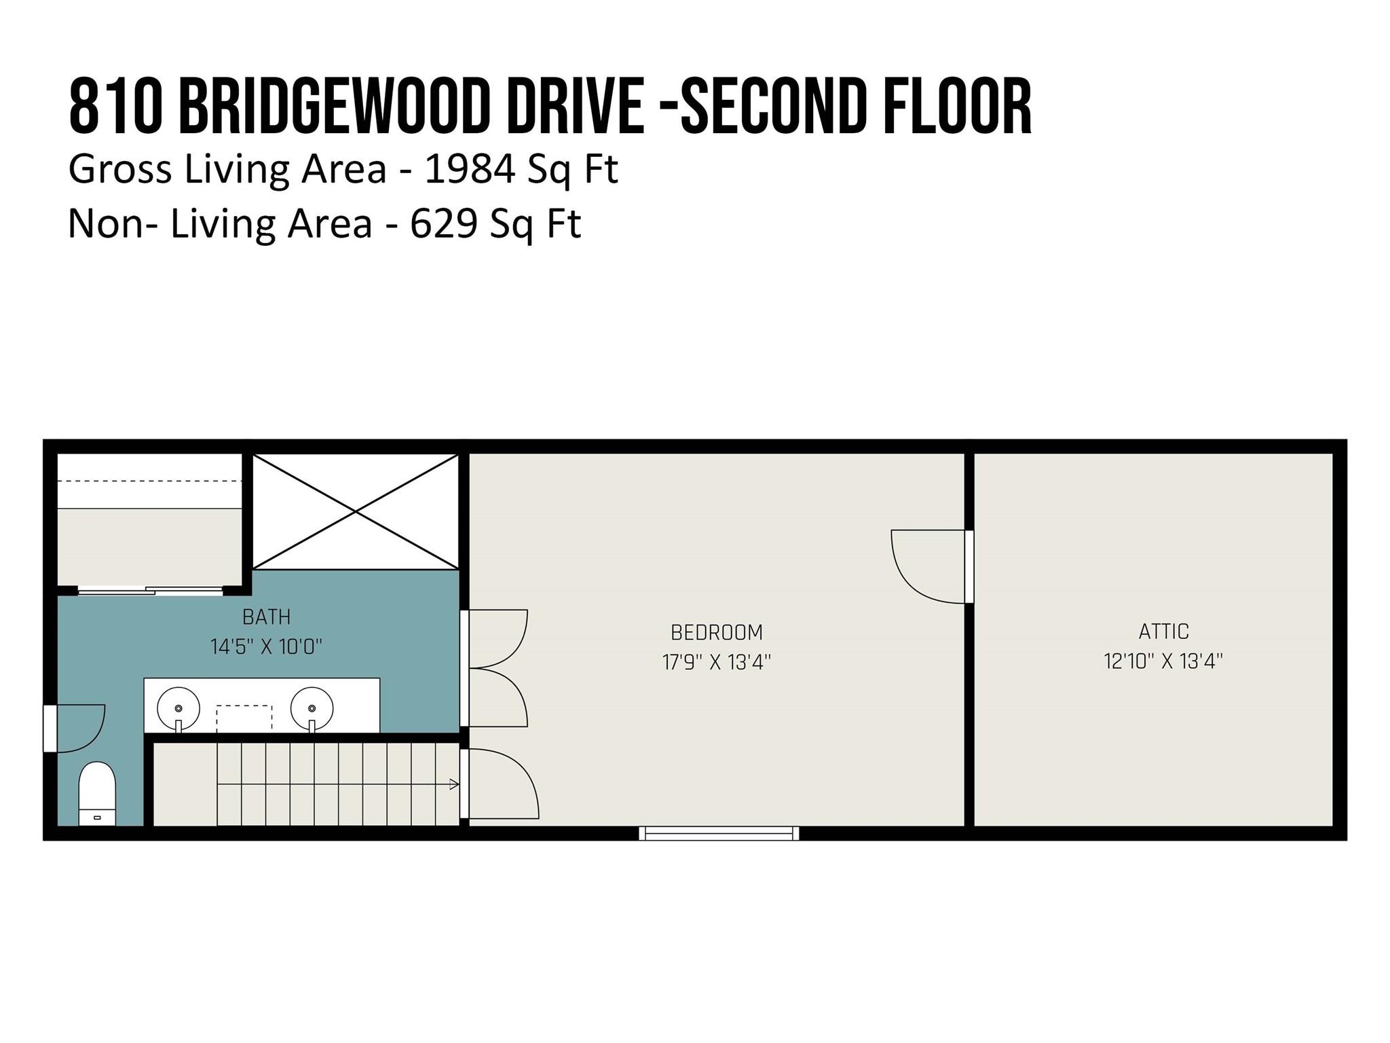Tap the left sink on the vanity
coord(179,708)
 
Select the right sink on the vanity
coord(312,708)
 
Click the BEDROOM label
coord(717,633)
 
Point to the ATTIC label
coord(1163,632)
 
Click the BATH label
coord(266,617)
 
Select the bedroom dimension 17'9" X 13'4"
coord(717,662)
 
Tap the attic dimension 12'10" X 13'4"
coord(1163,661)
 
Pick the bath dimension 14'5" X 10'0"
coord(266,646)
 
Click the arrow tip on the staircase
coord(455,785)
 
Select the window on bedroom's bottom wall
coord(719,833)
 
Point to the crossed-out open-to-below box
coord(356,511)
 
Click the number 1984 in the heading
coord(470,169)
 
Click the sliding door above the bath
coord(151,591)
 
